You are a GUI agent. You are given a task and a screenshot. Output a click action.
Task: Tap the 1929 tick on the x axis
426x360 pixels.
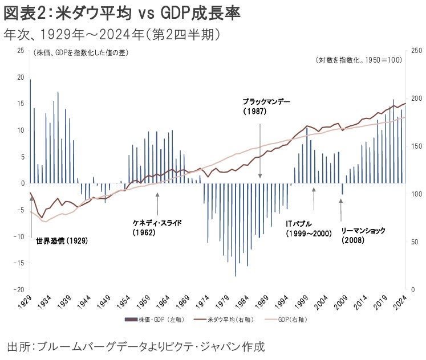tap(26, 300)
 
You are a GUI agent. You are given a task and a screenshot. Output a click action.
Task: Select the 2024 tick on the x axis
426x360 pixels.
tap(401, 300)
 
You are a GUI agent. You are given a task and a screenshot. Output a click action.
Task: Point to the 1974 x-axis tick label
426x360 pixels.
tap(204, 300)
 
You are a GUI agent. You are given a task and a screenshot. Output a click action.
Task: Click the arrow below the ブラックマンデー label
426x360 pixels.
tap(260, 148)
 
